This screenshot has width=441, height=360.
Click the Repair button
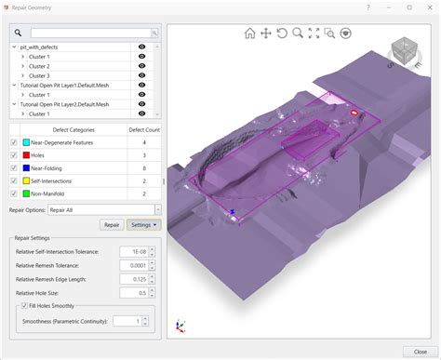pos(112,224)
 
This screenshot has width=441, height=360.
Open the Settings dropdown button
pos(143,224)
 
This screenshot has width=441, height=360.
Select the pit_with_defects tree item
pos(47,46)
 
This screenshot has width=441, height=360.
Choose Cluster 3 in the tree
pos(39,75)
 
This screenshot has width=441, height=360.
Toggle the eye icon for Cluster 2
pos(142,66)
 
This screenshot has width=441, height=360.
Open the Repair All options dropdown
pos(157,210)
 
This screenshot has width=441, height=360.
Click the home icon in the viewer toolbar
pos(249,33)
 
